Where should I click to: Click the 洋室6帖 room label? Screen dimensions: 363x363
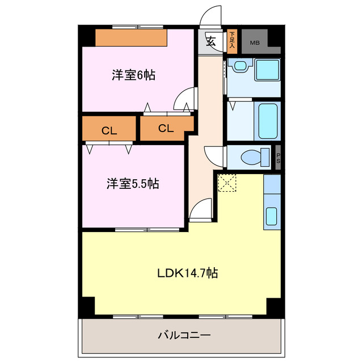coord(133,74)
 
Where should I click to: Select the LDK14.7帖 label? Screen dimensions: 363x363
coord(187,273)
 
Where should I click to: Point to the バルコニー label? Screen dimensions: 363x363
coord(184,336)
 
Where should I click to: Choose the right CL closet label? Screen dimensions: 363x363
coord(165,128)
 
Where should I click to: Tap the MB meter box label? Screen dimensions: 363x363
coord(255,42)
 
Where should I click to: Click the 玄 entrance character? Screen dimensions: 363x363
coord(210,41)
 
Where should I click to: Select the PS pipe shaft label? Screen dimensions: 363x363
coord(278,157)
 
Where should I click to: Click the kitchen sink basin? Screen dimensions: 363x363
coord(272,216)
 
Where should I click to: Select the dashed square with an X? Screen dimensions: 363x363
coord(227,183)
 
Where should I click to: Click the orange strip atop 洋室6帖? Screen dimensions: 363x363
coord(131,37)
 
